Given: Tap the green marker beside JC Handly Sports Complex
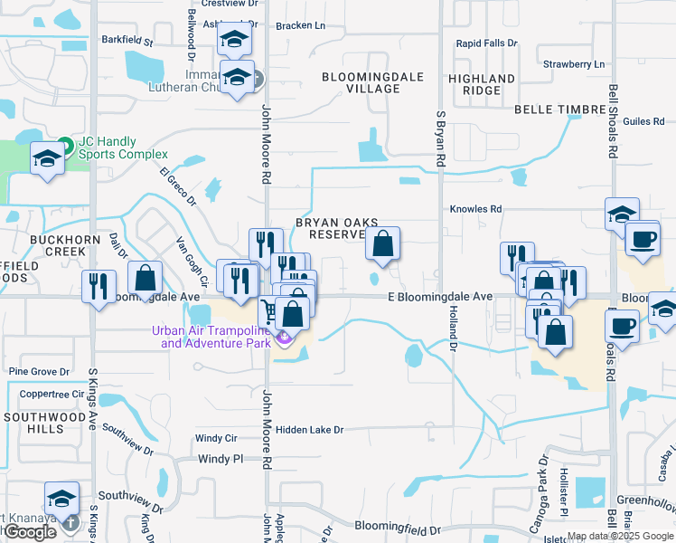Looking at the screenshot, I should [x=65, y=146].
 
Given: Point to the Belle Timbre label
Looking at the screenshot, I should [x=559, y=110].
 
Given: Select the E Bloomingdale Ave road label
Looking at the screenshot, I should [x=440, y=297].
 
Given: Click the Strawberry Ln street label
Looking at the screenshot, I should [x=573, y=64].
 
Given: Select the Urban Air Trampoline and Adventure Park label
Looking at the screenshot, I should [x=215, y=336].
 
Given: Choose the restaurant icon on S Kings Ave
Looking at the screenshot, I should [x=99, y=286].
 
